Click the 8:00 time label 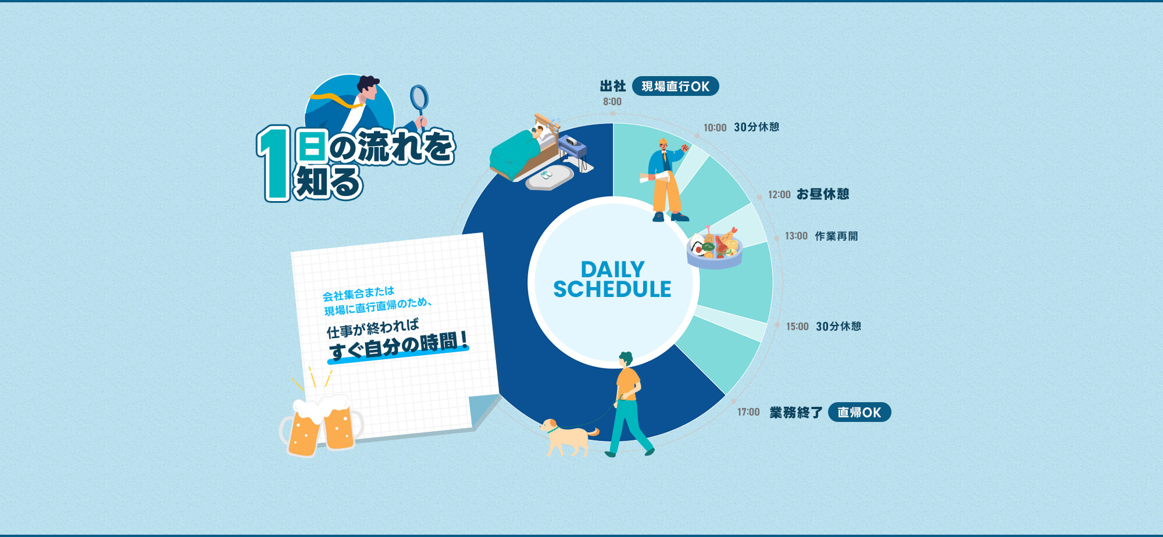click(x=612, y=102)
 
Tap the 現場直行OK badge click(x=675, y=87)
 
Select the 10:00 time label click(x=715, y=128)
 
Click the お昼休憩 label click(x=823, y=194)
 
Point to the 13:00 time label click(x=796, y=236)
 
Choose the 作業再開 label click(x=836, y=236)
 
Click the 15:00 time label click(x=797, y=327)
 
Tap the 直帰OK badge click(x=859, y=412)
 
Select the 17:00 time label click(x=748, y=412)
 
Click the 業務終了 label click(x=795, y=413)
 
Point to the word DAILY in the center click(x=612, y=270)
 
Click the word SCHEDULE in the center click(x=612, y=289)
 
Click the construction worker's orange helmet click(x=663, y=142)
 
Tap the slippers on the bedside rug click(x=545, y=174)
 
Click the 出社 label click(x=613, y=87)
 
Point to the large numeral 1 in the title click(x=273, y=164)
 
